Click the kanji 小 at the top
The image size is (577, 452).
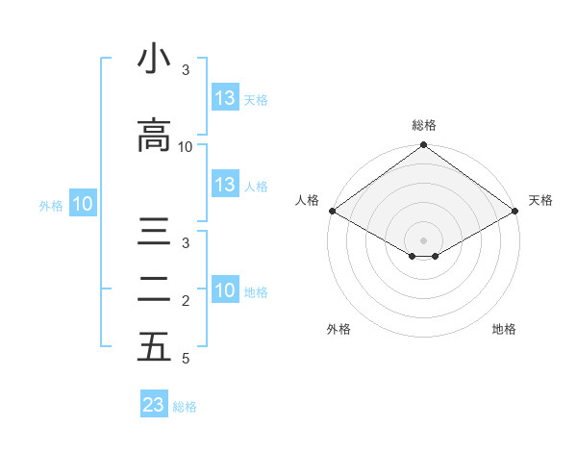pos(154,60)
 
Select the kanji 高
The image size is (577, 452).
pos(154,136)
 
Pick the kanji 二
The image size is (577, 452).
pos(154,289)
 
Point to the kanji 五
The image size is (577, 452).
pos(154,347)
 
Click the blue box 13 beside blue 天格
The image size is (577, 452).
pos(225,98)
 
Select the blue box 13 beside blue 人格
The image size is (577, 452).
pos(225,185)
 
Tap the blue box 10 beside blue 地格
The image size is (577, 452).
pos(225,290)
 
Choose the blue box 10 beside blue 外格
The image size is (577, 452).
pos(82,203)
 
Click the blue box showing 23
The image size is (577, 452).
pos(154,405)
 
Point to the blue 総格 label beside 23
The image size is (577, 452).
pos(185,406)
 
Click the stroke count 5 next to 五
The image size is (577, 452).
pos(185,359)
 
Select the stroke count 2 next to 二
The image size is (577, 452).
pos(186,301)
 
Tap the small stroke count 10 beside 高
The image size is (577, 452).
pos(186,146)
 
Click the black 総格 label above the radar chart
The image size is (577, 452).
pos(423,125)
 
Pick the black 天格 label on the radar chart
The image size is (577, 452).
pos(540,200)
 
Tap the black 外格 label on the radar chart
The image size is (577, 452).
pos(339,329)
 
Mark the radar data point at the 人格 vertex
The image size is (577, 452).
pos(331,211)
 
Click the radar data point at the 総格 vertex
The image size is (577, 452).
pos(423,146)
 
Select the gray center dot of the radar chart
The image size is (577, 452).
pos(423,239)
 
